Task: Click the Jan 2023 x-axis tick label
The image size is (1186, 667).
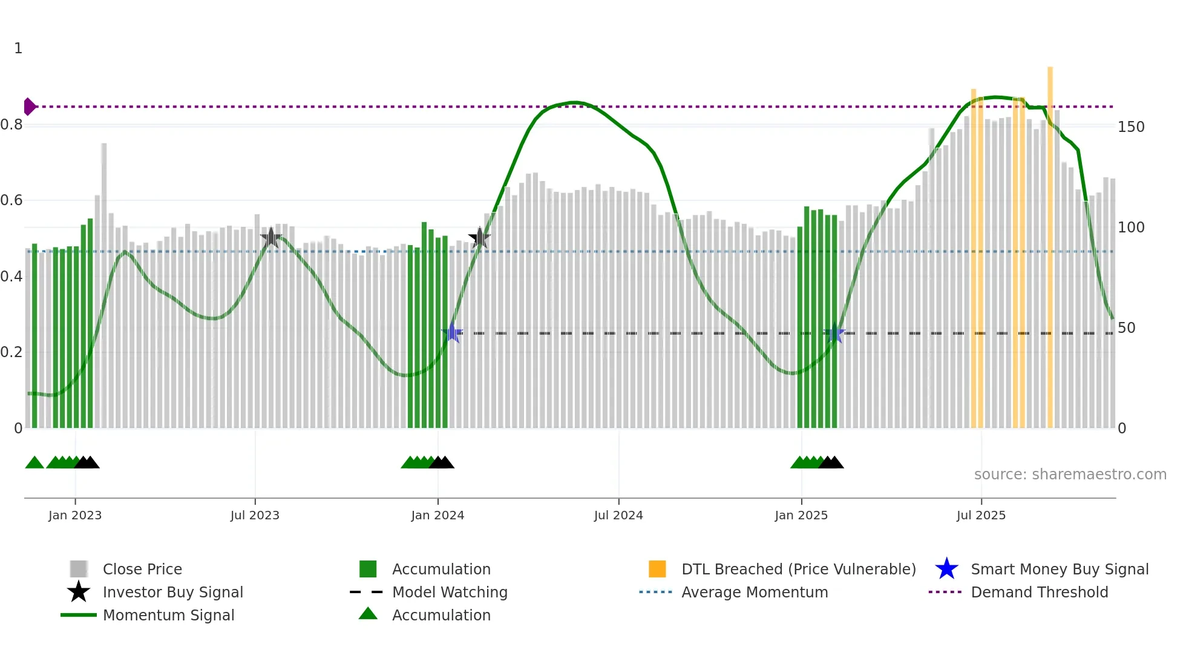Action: (75, 515)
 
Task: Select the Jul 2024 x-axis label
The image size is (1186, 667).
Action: (618, 515)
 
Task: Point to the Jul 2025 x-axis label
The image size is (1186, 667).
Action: (981, 515)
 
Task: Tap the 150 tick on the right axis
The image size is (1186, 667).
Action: (1131, 127)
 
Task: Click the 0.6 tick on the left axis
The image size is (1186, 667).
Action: (12, 200)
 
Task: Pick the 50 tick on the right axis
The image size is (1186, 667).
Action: (1127, 328)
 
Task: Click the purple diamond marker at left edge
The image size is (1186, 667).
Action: (29, 107)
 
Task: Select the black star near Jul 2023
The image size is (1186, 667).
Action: (270, 238)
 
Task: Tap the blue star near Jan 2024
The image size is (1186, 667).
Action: (452, 333)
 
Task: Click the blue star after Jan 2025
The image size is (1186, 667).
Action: (834, 333)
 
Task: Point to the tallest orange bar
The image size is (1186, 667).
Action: (1050, 242)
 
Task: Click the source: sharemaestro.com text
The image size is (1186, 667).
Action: (1070, 475)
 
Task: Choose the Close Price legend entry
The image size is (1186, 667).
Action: (142, 569)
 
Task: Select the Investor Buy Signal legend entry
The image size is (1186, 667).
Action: (172, 592)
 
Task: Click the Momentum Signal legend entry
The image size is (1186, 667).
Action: (168, 615)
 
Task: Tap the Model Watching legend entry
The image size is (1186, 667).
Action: (450, 592)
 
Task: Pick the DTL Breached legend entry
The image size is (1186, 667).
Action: (798, 569)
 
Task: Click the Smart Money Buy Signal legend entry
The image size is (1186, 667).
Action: (1060, 569)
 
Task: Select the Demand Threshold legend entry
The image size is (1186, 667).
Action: (1039, 592)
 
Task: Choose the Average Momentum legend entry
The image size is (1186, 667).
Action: (755, 592)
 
